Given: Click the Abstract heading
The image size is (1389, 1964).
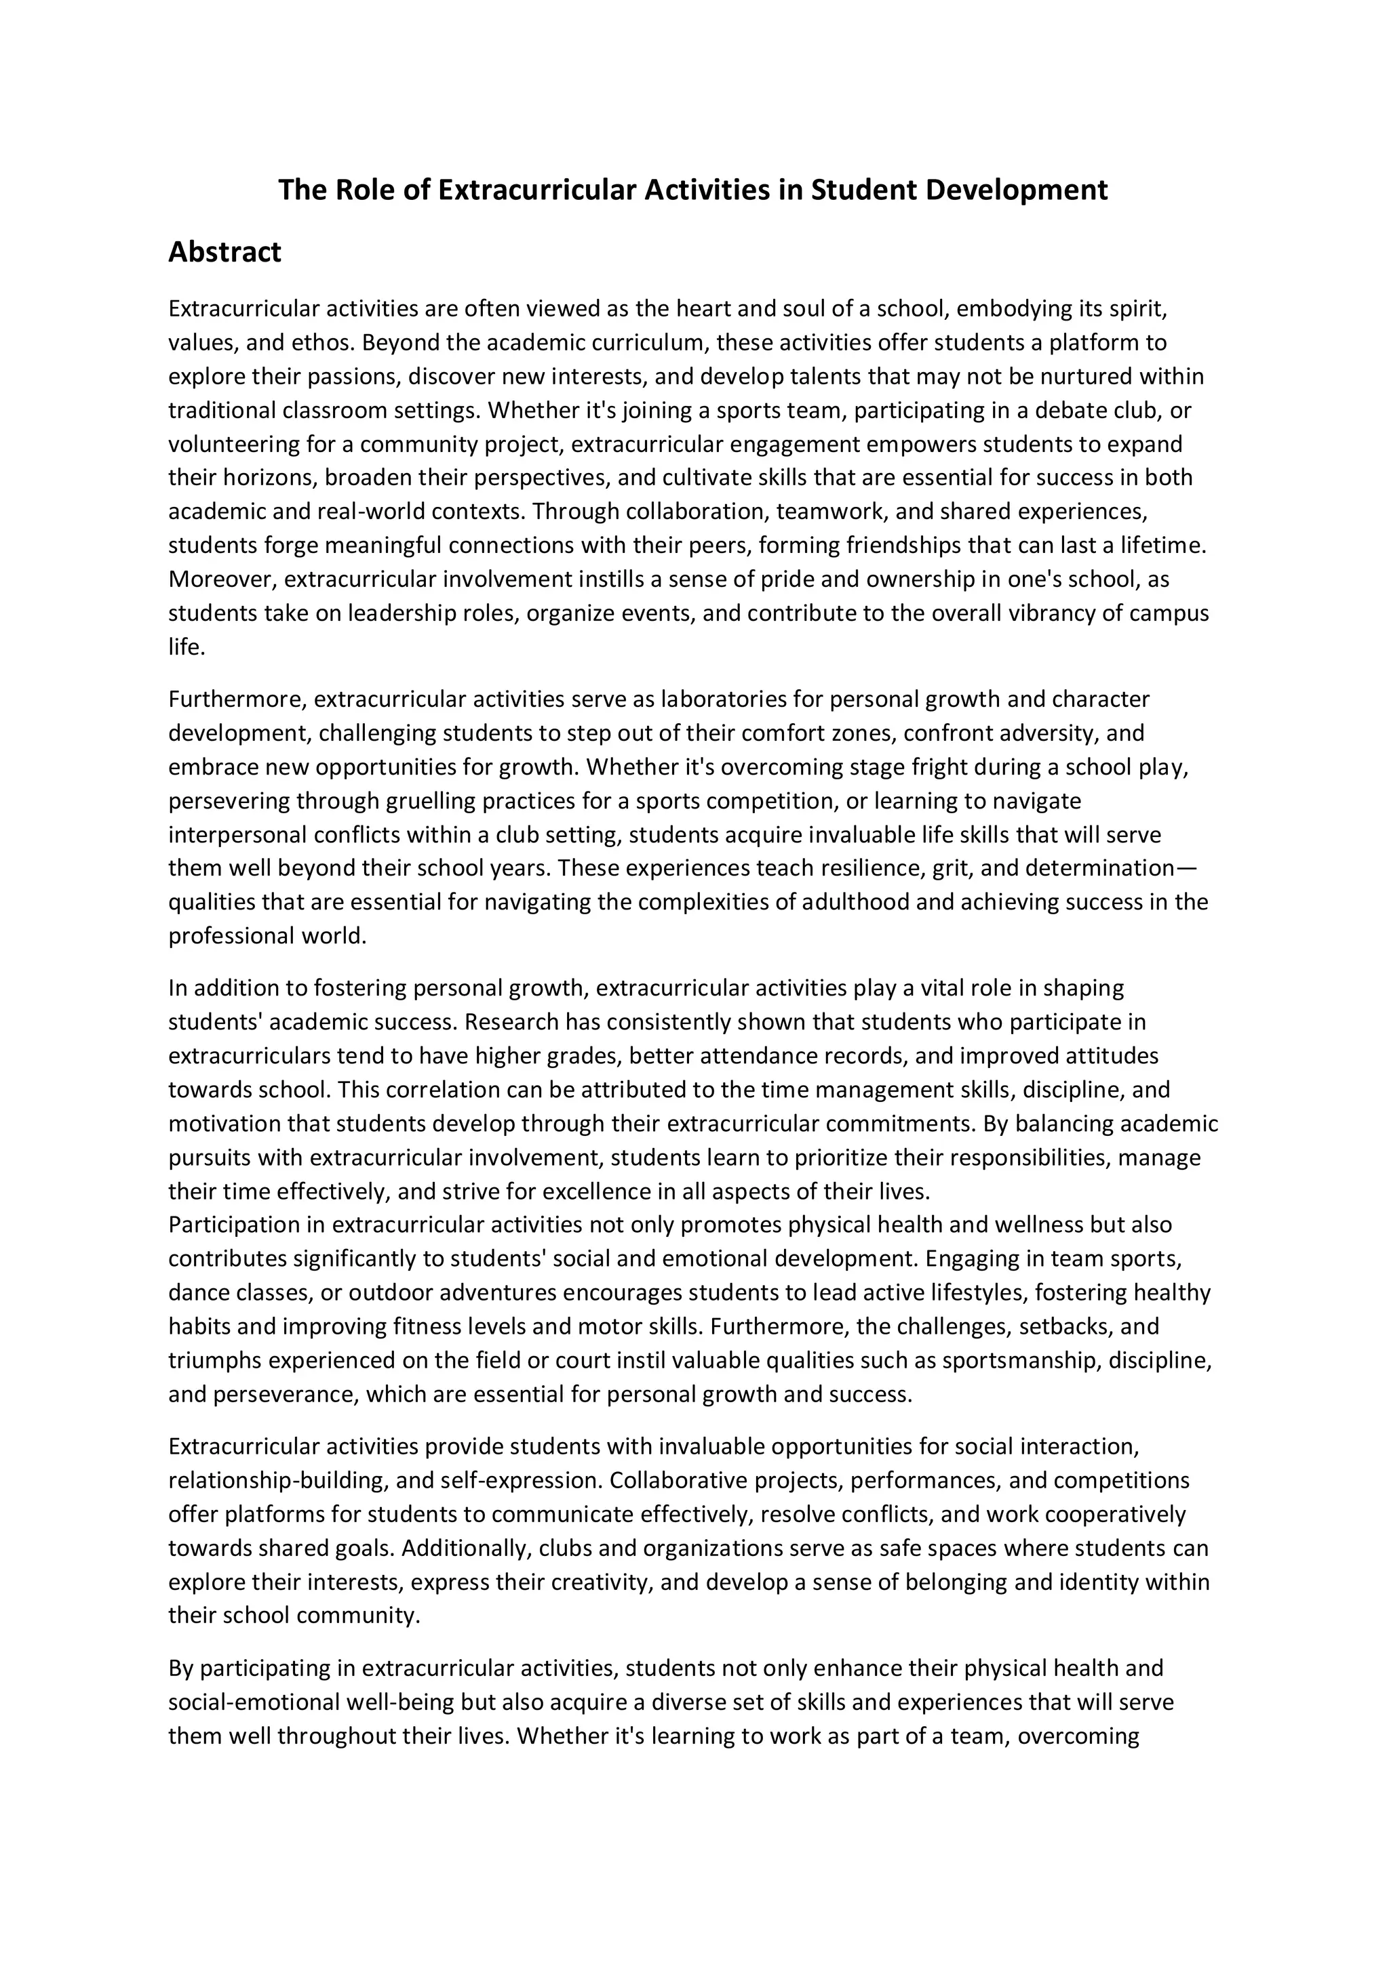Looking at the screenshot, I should coord(224,252).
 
